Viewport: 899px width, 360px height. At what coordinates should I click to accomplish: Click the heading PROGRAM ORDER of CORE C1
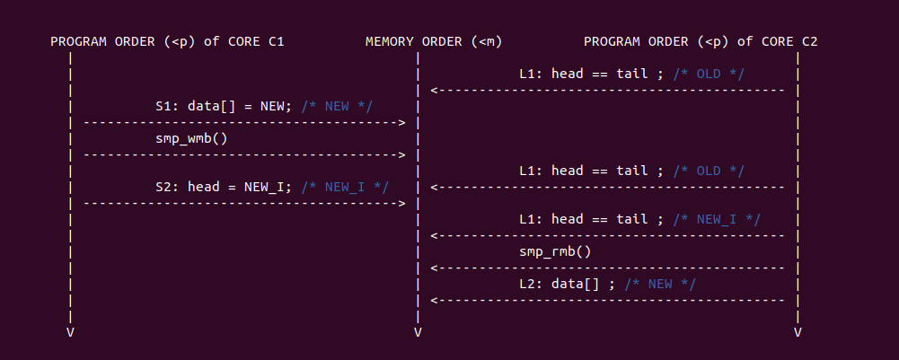coord(167,41)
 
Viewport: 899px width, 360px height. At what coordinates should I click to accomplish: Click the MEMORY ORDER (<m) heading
coord(434,41)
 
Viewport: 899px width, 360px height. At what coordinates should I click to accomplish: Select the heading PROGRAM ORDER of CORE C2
coord(701,41)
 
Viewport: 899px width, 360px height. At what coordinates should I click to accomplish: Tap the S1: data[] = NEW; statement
coord(225,106)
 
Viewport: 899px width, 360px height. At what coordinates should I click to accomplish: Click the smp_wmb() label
coord(191,138)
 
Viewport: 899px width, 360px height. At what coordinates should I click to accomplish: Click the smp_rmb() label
coord(555,251)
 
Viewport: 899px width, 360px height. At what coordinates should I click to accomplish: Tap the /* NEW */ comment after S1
coord(337,106)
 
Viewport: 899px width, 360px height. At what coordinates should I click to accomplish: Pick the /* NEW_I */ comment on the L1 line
coord(717,219)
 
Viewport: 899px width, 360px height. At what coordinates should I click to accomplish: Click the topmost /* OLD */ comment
coord(709,74)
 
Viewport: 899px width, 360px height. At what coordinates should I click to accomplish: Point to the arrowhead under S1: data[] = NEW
coord(401,122)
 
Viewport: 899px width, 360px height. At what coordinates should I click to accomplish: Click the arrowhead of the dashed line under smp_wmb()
coord(401,154)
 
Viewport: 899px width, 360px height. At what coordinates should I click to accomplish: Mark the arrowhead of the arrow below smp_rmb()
coord(435,268)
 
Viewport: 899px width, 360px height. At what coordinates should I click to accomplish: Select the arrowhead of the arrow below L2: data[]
coord(435,300)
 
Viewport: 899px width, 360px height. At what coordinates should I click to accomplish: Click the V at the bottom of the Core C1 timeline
coord(70,332)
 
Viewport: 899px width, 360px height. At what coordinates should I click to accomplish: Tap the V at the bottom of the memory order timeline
coord(418,332)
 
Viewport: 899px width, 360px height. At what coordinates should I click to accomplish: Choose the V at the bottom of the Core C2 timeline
coord(798,332)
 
